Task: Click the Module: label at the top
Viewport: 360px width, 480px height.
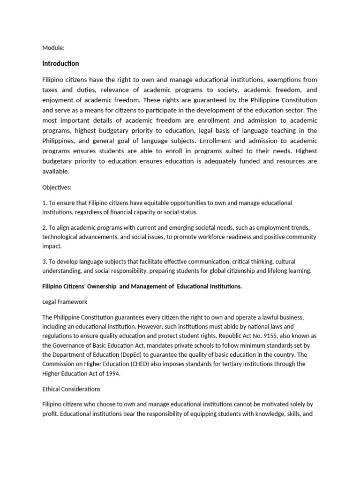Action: [x=53, y=48]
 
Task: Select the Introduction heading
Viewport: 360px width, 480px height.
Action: [x=60, y=63]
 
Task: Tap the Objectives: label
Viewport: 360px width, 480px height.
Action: [x=57, y=187]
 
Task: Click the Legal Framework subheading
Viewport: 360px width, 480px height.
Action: [x=65, y=302]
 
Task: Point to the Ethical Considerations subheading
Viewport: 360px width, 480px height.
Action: [x=71, y=389]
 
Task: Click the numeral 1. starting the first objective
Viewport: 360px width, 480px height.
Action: [x=45, y=202]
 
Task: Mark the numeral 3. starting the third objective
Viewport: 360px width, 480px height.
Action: [x=45, y=261]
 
